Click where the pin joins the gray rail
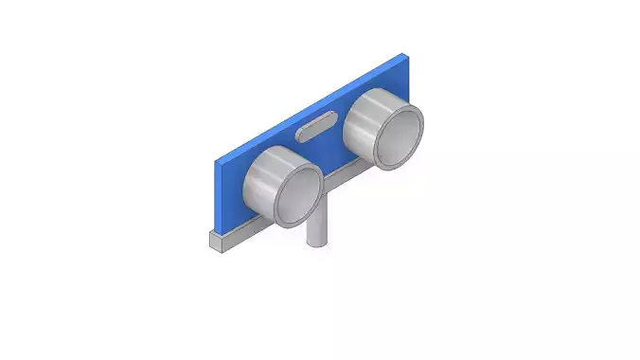[319, 201]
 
